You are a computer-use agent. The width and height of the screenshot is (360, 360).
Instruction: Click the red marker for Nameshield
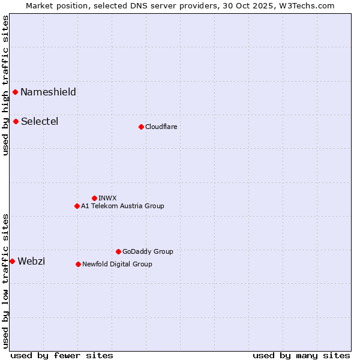15,92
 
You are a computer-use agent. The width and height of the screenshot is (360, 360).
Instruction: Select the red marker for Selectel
16,121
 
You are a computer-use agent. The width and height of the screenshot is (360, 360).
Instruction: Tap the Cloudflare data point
141,127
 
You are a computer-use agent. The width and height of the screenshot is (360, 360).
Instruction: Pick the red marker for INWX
94,198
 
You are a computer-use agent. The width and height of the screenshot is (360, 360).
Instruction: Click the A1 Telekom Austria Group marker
77,206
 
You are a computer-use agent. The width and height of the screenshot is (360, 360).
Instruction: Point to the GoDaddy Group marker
118,251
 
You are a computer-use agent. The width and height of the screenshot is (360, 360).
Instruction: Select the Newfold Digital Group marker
78,264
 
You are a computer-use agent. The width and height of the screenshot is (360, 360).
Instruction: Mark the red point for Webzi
12,261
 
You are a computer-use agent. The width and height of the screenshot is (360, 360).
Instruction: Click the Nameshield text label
48,92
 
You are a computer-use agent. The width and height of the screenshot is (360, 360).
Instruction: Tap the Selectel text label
40,121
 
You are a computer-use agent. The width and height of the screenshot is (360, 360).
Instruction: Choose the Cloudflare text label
161,127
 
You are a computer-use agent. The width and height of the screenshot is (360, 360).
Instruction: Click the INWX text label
107,198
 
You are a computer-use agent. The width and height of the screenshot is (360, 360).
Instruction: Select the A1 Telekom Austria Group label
122,206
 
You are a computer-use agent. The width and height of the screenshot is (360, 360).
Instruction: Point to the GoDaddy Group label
148,251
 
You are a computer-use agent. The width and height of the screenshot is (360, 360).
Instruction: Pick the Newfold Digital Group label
117,264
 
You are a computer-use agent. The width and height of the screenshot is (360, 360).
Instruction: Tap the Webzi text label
31,261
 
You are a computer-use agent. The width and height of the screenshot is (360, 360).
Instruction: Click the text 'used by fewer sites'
62,355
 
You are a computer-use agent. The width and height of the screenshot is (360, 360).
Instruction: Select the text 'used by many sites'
301,355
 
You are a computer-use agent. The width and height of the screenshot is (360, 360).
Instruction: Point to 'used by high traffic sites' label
5,85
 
